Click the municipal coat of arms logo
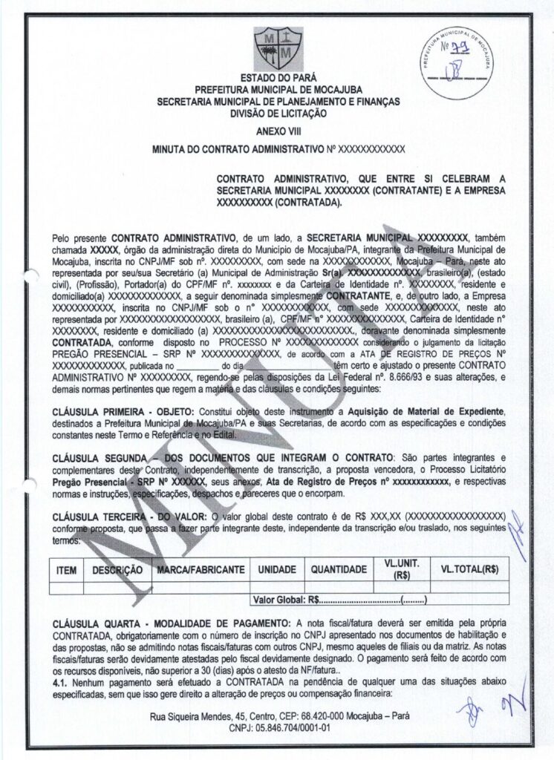click(276, 48)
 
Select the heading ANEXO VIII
click(277, 131)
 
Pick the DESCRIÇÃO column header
click(117, 570)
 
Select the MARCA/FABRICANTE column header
click(199, 570)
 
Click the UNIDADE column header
click(278, 570)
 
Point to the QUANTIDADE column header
click(339, 570)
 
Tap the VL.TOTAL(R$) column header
click(469, 569)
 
